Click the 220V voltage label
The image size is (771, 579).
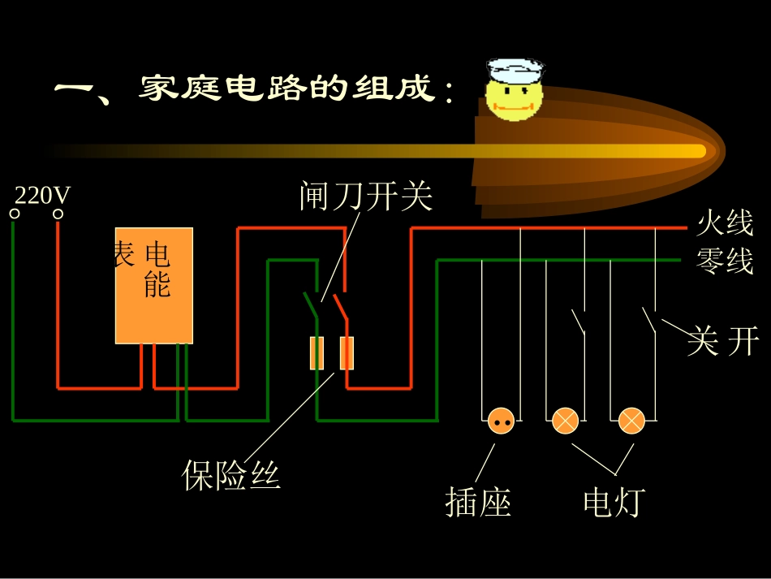[43, 196]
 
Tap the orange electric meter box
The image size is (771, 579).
[154, 285]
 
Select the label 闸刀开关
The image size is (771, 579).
[366, 196]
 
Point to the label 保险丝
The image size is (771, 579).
[231, 475]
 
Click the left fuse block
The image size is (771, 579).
[317, 353]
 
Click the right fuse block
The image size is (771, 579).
[347, 353]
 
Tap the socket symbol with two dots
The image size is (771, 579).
[501, 421]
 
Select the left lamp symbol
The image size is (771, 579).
[565, 421]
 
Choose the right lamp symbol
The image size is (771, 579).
[631, 421]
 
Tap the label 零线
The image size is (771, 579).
[725, 261]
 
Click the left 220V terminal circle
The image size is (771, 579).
[14, 214]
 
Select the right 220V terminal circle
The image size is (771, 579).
[58, 214]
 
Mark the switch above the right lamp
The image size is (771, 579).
[650, 320]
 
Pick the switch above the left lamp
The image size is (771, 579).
[579, 322]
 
